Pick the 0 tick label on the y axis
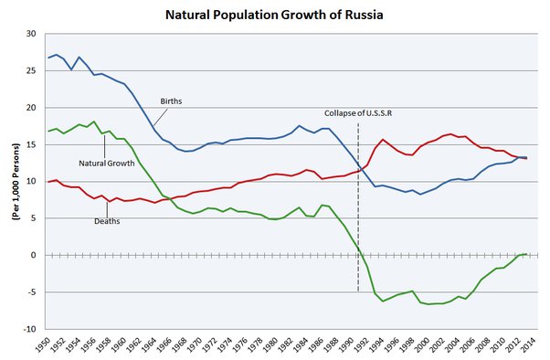pos(34,255)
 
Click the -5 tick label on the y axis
pos(30,292)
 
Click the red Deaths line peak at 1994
pos(383,140)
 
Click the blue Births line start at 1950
pos(48,58)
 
